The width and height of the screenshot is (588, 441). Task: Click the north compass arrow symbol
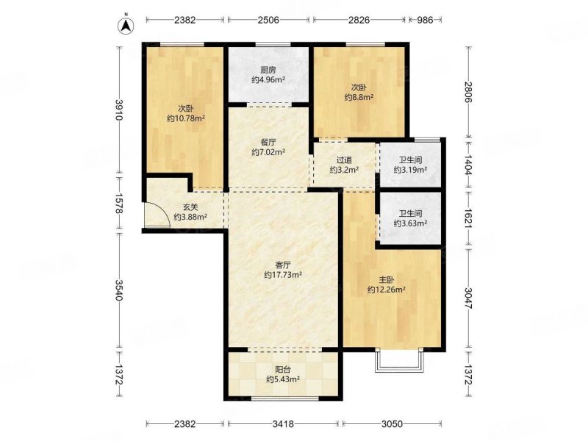click(x=126, y=25)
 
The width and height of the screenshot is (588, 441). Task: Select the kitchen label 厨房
click(x=268, y=70)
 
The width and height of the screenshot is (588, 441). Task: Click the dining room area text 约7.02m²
click(x=268, y=152)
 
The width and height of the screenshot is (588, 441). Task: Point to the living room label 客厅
click(x=283, y=265)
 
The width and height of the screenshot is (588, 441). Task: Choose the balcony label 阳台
click(x=283, y=370)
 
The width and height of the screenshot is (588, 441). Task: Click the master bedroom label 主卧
click(x=387, y=280)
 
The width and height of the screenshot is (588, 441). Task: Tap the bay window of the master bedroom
click(x=399, y=360)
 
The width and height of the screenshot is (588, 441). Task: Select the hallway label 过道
click(x=344, y=160)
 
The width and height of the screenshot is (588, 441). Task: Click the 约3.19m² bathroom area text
click(x=411, y=170)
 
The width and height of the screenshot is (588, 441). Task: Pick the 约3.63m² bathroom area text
click(x=411, y=223)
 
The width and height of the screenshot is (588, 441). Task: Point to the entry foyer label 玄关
click(x=190, y=207)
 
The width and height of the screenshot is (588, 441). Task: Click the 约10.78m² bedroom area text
click(x=186, y=118)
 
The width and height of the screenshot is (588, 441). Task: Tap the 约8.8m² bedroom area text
click(x=359, y=98)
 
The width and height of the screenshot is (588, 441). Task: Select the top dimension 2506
click(x=268, y=20)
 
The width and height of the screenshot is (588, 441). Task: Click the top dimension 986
click(x=425, y=20)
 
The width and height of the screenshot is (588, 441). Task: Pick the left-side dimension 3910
click(x=119, y=110)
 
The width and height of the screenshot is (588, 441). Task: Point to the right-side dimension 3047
click(x=468, y=298)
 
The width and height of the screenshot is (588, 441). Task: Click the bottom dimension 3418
click(x=283, y=424)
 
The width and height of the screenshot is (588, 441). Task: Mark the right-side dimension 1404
click(x=468, y=165)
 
